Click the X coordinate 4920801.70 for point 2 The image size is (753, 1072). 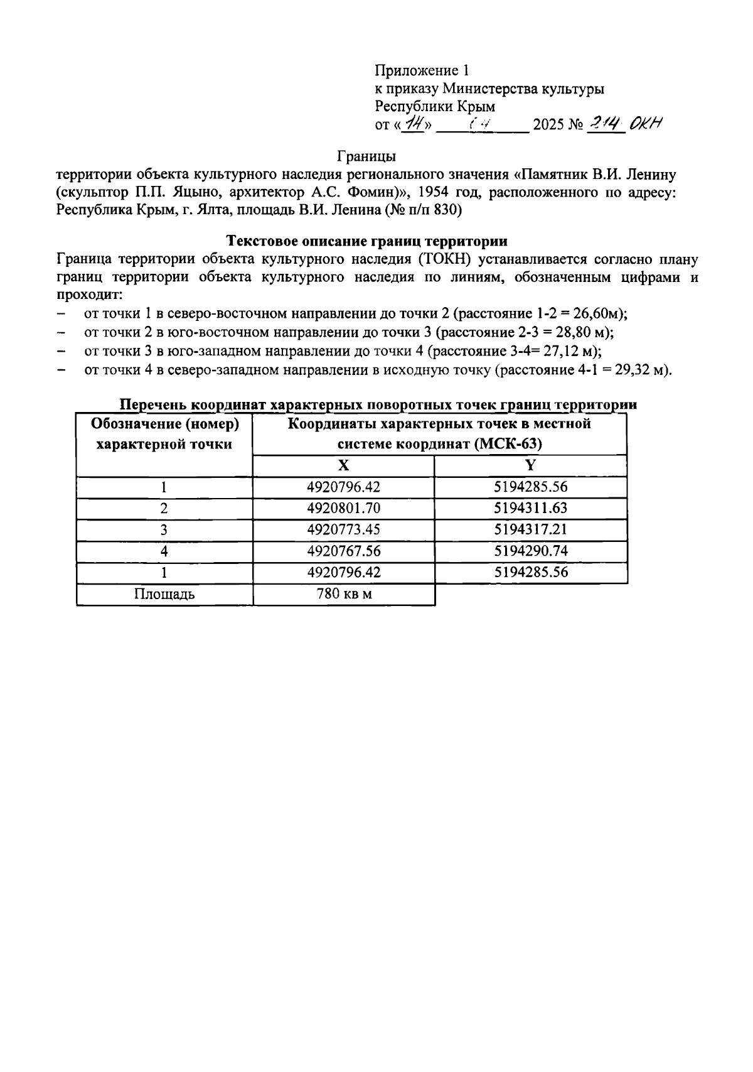point(343,508)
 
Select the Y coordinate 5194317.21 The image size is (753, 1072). point(530,529)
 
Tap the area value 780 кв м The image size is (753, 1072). point(343,594)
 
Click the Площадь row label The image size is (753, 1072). point(164,594)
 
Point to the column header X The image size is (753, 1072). point(343,465)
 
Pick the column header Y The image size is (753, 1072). point(530,465)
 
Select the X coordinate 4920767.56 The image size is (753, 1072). point(343,551)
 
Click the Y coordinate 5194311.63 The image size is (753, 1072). point(530,508)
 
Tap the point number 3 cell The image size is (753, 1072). point(164,529)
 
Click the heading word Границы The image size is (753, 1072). point(367,154)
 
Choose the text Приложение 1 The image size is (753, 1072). point(422,70)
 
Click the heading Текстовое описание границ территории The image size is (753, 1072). point(367,241)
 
